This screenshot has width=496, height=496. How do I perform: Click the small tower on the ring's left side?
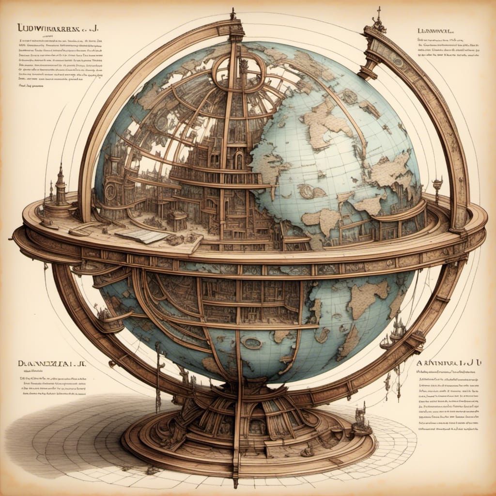(x=60, y=186)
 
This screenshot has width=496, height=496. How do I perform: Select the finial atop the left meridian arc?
(x=233, y=14)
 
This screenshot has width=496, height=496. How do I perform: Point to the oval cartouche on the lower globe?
(x=251, y=343)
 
